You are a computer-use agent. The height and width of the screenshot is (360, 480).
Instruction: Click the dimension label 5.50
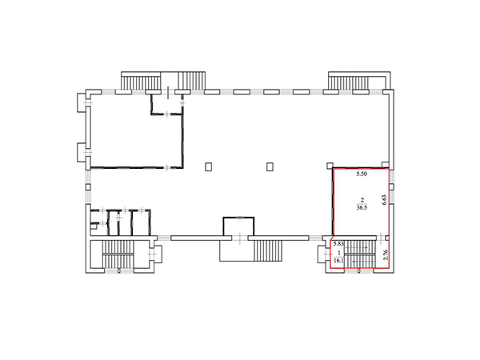tap(362, 174)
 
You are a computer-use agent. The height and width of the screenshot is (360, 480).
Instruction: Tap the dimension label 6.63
tap(385, 200)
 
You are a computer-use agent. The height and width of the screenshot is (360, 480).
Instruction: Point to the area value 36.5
tap(362, 207)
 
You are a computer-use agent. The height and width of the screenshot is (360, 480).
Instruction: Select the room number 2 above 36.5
tap(362, 200)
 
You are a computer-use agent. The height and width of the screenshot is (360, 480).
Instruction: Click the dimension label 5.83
tap(339, 244)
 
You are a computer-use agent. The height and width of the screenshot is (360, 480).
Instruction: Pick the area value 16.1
tap(338, 261)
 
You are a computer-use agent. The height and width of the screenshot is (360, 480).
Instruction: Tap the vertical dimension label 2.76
tap(386, 254)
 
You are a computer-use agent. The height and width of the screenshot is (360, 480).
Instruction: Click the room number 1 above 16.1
tap(339, 254)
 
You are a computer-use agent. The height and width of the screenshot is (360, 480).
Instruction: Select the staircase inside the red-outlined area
tap(360, 254)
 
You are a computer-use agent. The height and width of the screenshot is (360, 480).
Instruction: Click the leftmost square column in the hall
tap(209, 167)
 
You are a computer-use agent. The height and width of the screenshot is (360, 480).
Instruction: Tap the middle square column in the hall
tap(270, 167)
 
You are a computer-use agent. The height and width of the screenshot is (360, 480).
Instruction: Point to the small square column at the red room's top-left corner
tap(330, 166)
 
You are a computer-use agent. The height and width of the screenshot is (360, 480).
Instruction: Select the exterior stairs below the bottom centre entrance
tap(268, 250)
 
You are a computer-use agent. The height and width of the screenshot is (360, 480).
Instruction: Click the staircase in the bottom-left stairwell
tap(118, 254)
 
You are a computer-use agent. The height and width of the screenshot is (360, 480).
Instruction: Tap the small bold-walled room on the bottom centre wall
tap(238, 226)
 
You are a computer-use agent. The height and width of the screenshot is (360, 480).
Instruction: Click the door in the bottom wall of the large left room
tap(167, 167)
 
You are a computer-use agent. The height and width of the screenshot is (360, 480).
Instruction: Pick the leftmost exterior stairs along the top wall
tap(141, 82)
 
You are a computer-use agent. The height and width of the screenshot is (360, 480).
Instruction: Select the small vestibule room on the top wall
tap(167, 104)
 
